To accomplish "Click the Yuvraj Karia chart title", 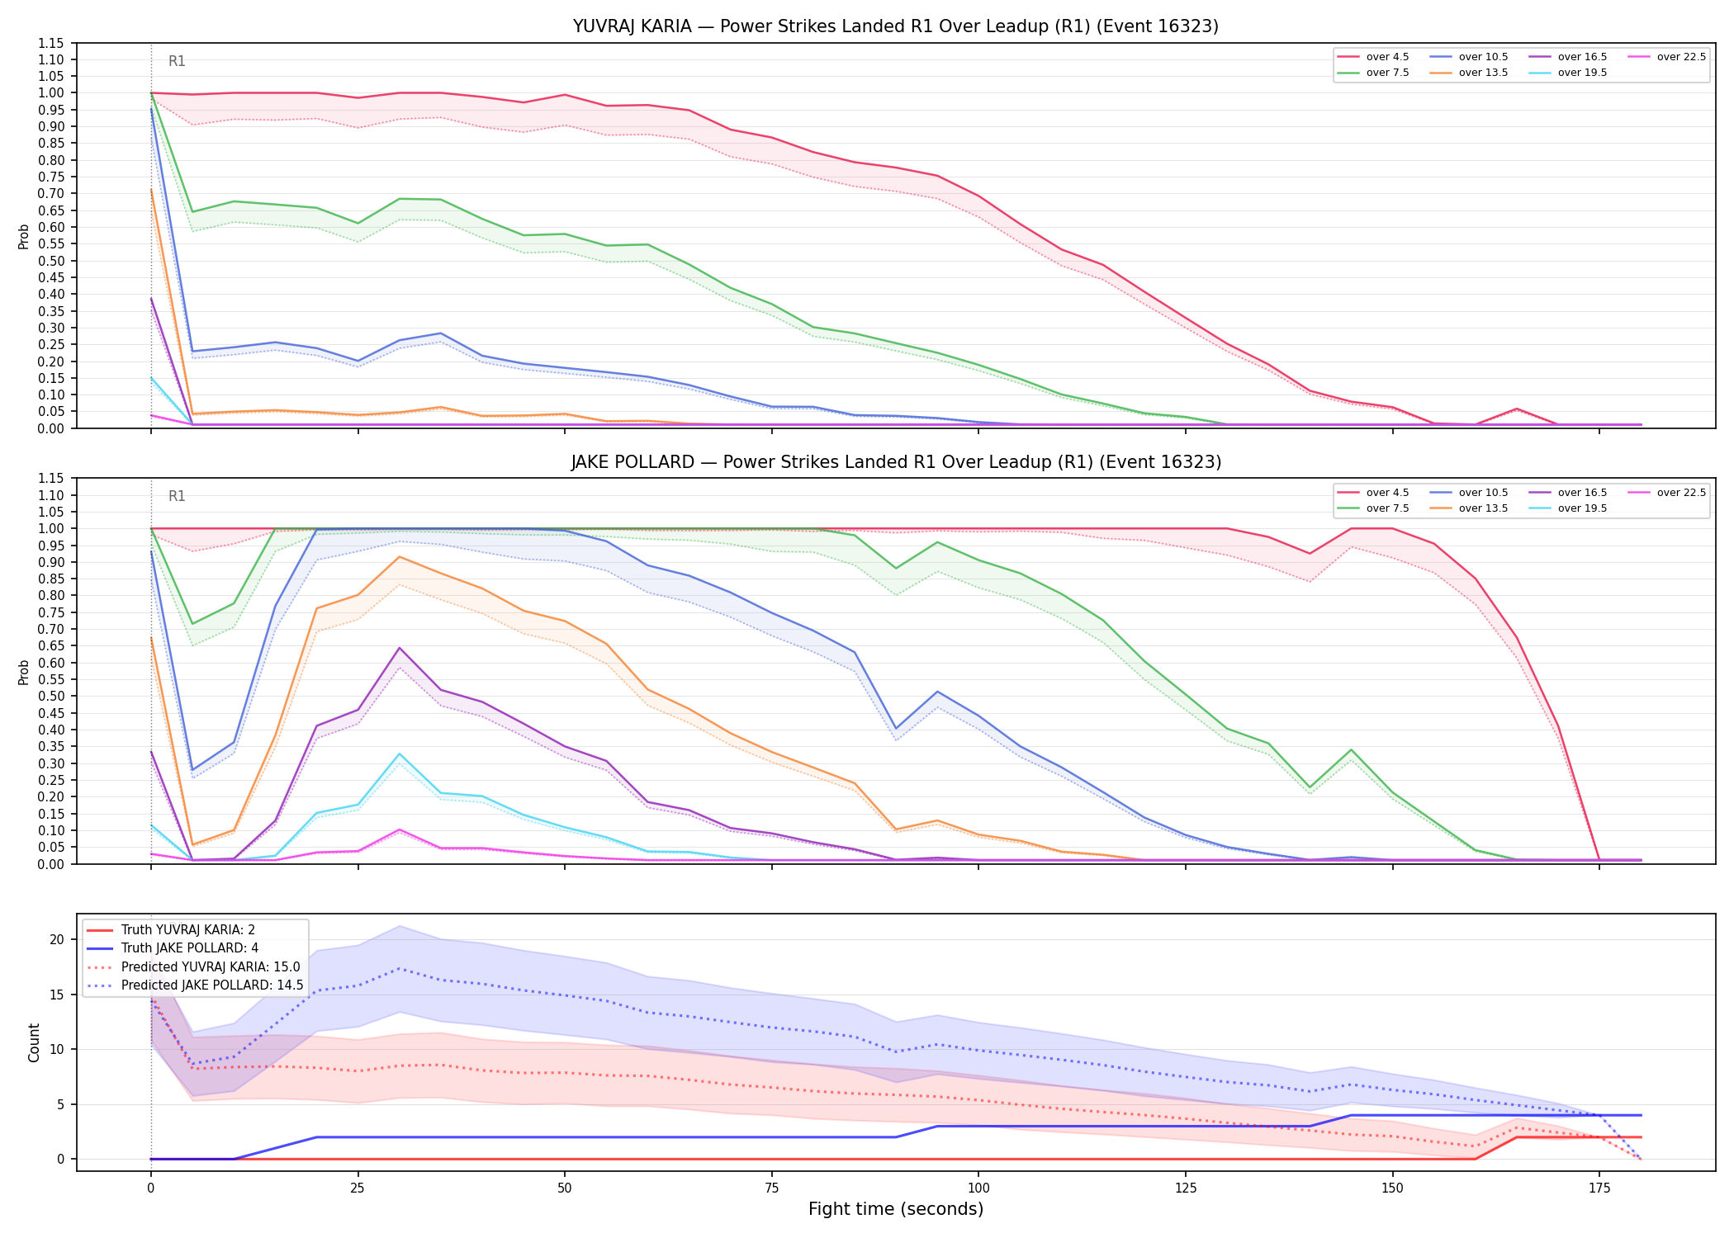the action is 896,26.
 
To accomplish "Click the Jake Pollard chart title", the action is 896,462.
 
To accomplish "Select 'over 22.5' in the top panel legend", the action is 1681,57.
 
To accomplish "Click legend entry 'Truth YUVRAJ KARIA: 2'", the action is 188,930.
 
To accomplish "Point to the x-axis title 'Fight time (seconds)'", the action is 896,1209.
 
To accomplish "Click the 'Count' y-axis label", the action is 34,1042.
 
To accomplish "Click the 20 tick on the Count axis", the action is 57,939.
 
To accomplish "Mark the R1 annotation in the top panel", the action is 177,61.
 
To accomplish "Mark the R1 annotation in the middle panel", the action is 177,496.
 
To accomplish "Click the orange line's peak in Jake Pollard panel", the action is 400,556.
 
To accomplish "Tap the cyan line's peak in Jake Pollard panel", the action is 400,754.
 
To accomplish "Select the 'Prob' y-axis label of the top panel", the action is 24,236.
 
